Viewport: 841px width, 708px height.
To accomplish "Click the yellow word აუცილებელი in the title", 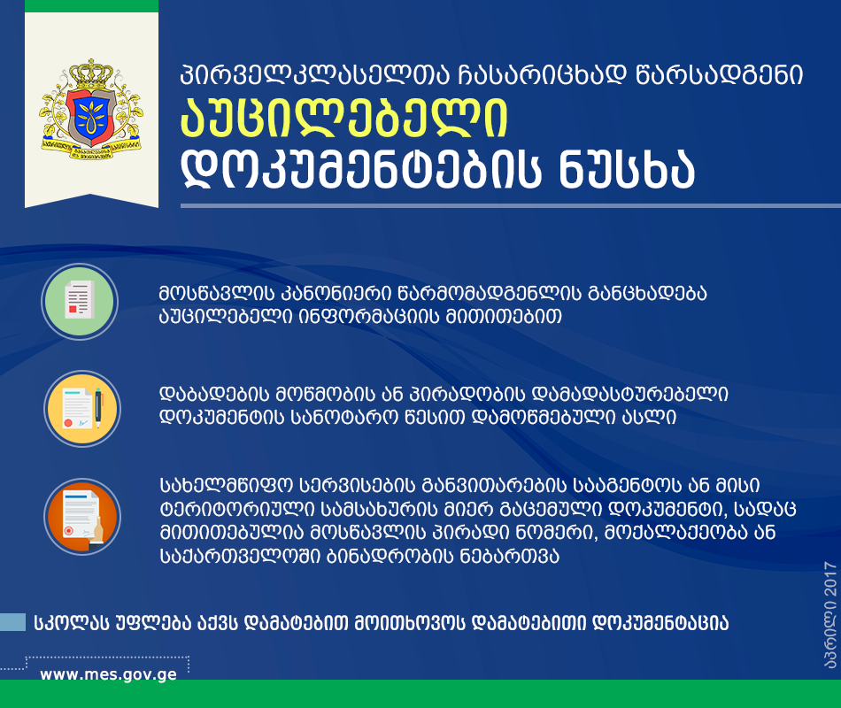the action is click(344, 119).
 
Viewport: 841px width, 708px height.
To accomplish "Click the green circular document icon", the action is click(80, 302).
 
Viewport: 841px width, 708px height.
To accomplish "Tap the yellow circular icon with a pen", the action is click(82, 409).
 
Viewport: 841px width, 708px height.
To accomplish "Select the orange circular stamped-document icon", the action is click(82, 517).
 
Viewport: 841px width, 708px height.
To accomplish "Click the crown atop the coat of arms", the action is click(92, 73).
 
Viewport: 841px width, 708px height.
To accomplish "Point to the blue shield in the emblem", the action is click(92, 118).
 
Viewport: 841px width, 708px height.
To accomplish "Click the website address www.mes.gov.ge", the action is click(108, 674).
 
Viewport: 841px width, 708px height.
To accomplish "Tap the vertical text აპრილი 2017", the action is click(829, 615).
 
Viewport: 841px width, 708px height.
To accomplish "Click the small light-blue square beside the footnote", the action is click(12, 622).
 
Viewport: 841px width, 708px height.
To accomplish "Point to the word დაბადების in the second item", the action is click(214, 394).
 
